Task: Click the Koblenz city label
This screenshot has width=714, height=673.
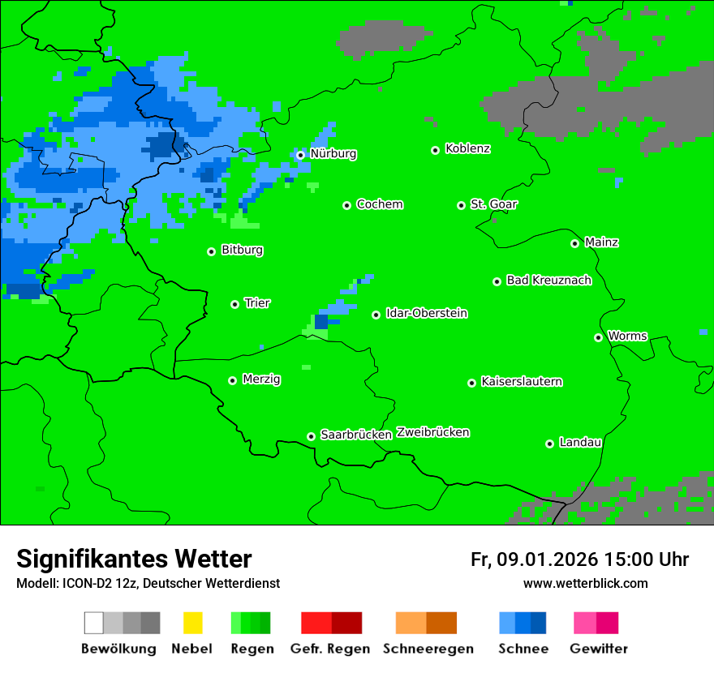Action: pos(467,148)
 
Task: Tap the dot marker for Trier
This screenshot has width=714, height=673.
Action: pos(234,304)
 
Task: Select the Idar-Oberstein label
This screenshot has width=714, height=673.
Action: pos(426,313)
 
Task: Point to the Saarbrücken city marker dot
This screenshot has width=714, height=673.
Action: pos(311,436)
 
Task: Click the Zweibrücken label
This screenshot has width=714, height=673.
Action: pos(432,432)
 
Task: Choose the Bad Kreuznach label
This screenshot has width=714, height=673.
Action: pos(548,280)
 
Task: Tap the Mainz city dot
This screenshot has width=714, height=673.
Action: pos(574,243)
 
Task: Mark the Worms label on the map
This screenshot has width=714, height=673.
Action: pos(627,336)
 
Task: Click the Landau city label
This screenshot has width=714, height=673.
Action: pos(580,442)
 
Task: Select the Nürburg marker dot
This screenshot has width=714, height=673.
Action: pos(300,155)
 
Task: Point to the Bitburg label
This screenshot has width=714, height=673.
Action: pos(242,250)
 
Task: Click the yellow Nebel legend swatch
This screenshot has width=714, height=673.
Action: pos(192,623)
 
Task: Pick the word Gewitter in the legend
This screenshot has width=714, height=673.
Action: pos(599,649)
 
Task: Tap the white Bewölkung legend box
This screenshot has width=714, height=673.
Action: pos(94,623)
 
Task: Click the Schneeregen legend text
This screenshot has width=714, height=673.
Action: pos(428,649)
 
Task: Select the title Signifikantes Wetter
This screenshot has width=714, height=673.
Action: pos(134,559)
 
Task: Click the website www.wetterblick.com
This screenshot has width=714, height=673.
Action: pos(585,583)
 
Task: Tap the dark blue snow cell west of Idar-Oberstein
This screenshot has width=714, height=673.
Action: pos(321,321)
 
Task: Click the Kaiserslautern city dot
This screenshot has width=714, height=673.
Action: pos(471,383)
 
